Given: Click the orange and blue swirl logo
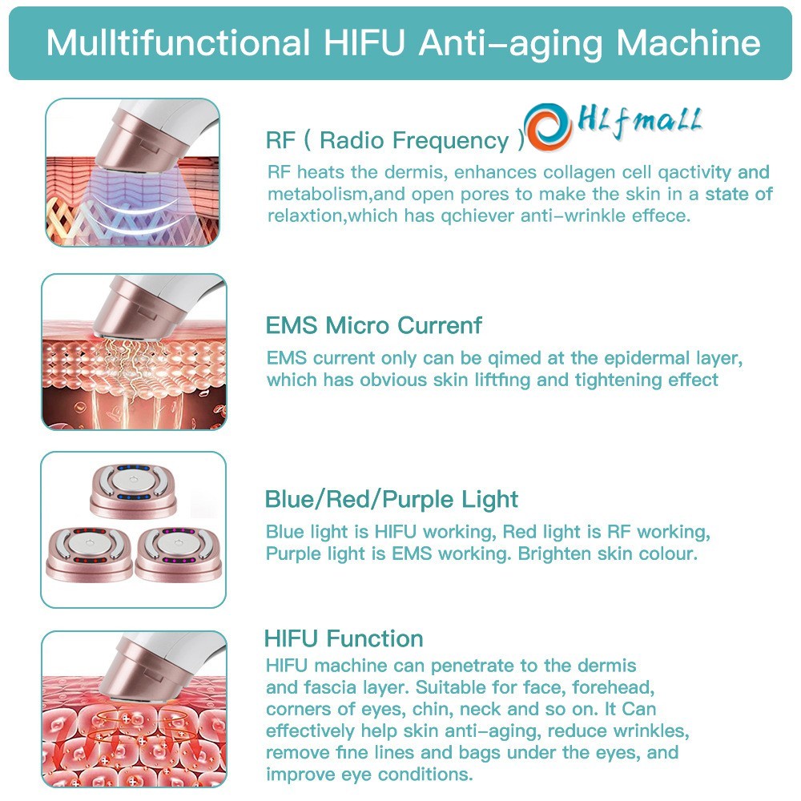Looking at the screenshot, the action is (x=548, y=127).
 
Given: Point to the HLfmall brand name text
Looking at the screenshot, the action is (x=639, y=123).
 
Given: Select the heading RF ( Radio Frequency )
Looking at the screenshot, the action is (x=395, y=140).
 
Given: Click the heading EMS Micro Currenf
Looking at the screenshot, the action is (x=373, y=325).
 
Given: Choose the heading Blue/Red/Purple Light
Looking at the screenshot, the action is (x=392, y=499).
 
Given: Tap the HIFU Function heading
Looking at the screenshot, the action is (x=344, y=638).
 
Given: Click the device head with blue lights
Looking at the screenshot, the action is (x=133, y=490).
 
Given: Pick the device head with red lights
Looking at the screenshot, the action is (x=90, y=555).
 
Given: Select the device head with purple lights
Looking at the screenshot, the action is (x=179, y=555).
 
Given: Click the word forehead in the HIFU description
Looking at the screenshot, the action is (x=613, y=687).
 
